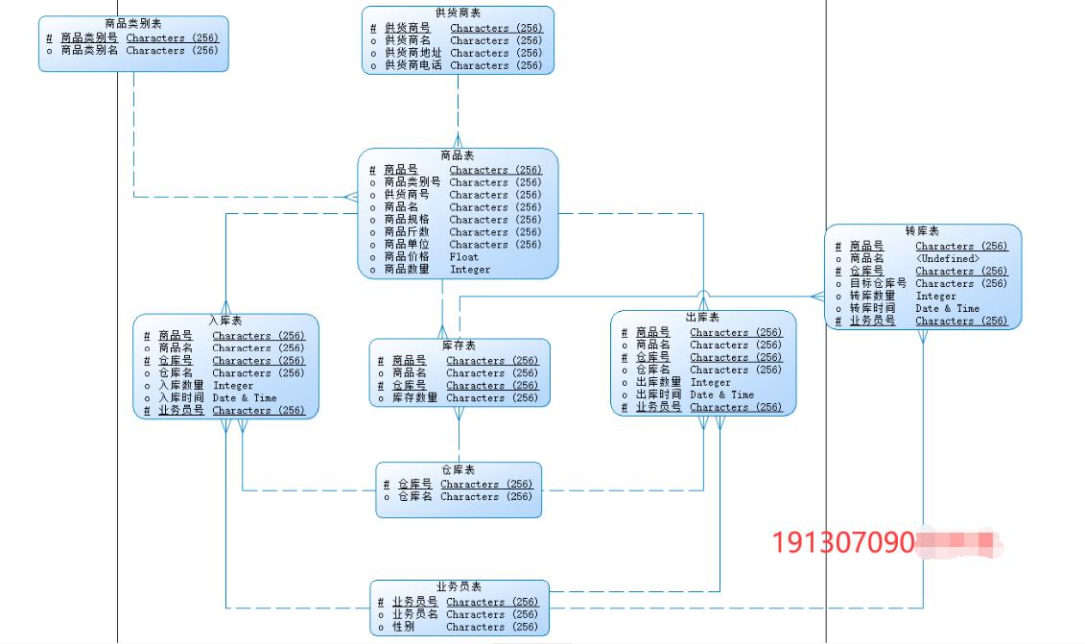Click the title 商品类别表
[x=133, y=23]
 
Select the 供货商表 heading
[x=458, y=12]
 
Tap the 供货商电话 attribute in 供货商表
[x=413, y=65]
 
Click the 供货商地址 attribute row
[x=413, y=53]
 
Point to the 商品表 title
[x=458, y=155]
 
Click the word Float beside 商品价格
[x=463, y=256]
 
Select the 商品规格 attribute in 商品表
[x=407, y=219]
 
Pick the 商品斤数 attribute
[x=407, y=231]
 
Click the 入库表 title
[x=225, y=321]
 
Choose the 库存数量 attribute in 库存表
[x=414, y=397]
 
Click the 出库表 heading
[x=702, y=318]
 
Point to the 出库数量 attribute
[x=658, y=382]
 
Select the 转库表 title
[x=922, y=231]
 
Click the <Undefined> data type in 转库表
[x=947, y=258]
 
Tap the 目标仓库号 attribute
[x=878, y=283]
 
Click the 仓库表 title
[x=459, y=470]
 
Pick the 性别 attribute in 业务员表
[x=403, y=627]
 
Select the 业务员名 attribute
[x=414, y=614]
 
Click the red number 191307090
[x=843, y=543]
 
